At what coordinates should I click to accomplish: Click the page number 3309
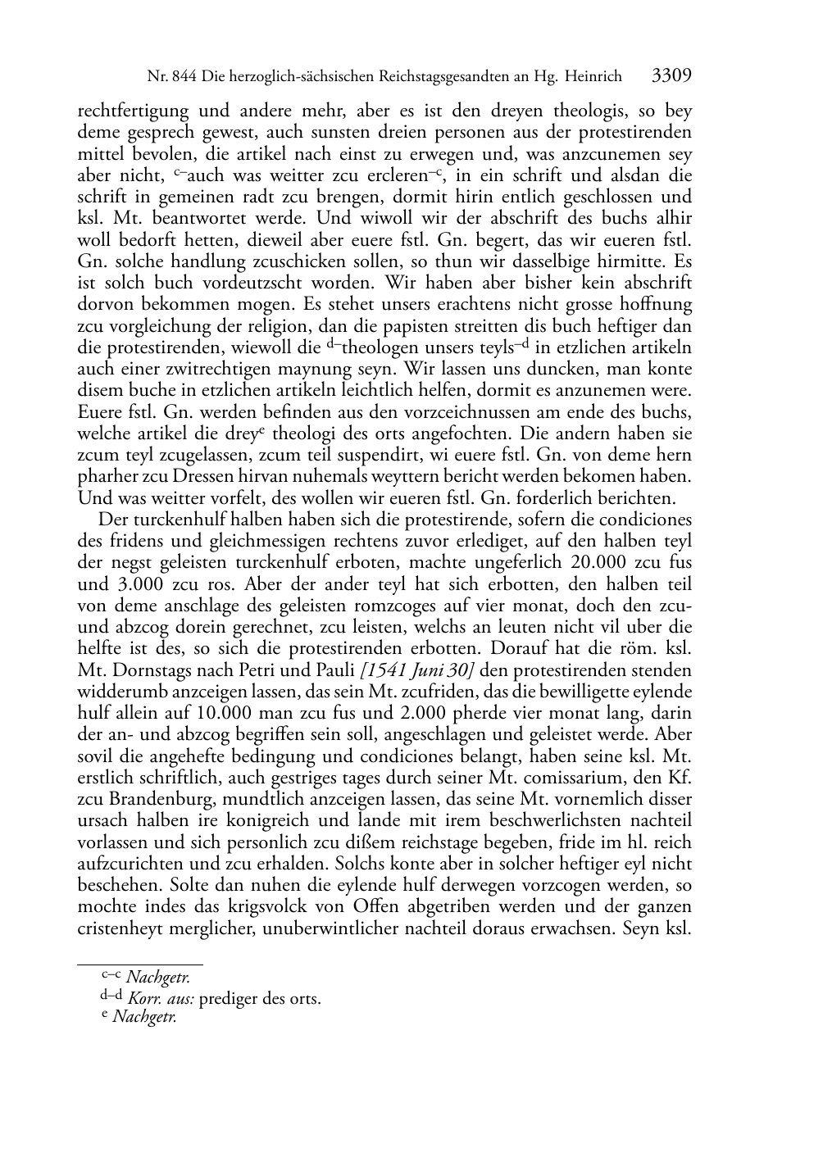(672, 76)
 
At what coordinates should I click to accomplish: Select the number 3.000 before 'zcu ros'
(131, 583)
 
